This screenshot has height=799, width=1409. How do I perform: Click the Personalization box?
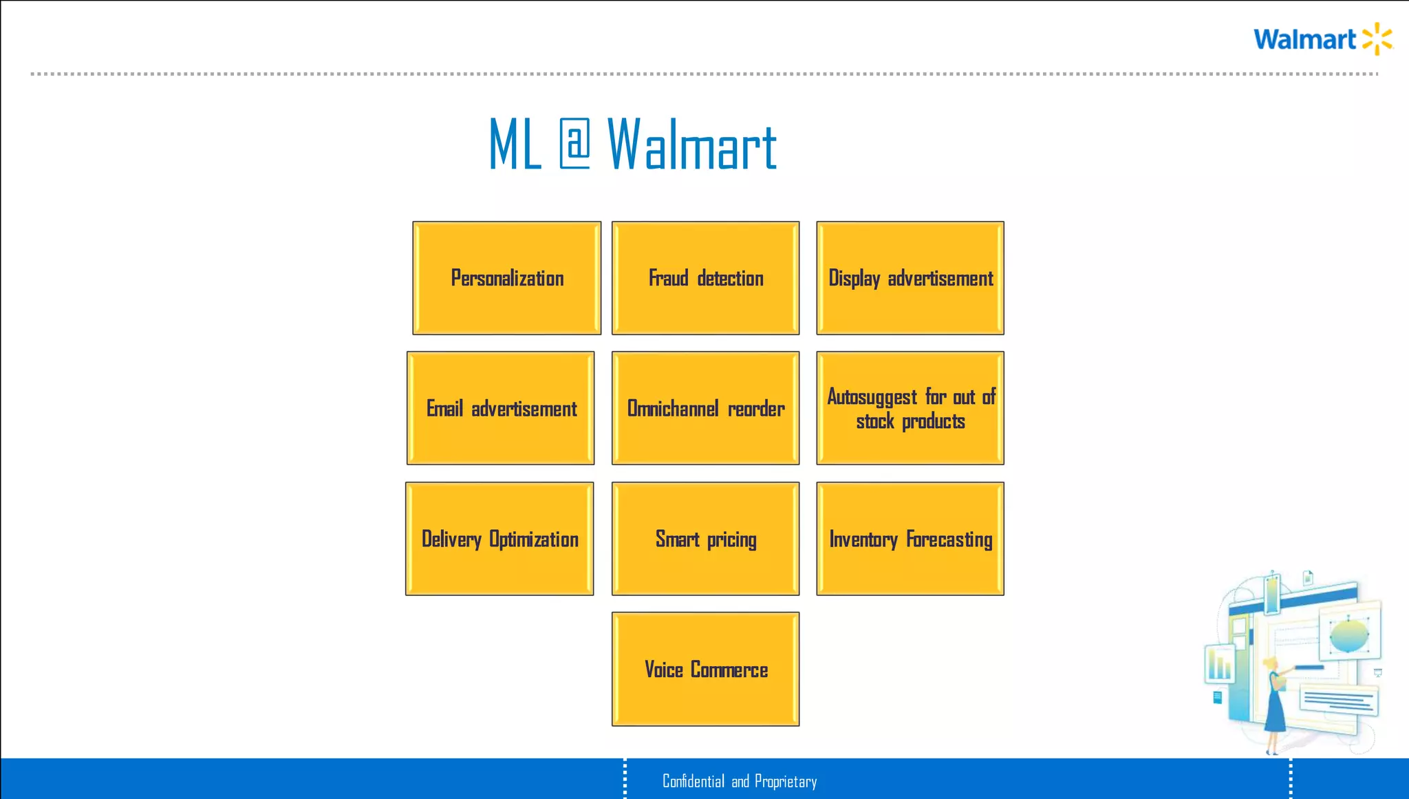pyautogui.click(x=506, y=278)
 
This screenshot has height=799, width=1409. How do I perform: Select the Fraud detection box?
pyautogui.click(x=705, y=278)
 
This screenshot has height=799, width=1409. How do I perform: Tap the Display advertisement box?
pyautogui.click(x=910, y=278)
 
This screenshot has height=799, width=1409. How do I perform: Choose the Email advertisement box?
pyautogui.click(x=500, y=408)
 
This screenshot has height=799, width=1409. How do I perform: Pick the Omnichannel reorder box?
pyautogui.click(x=705, y=408)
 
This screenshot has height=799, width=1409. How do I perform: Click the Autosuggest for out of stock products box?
pyautogui.click(x=910, y=408)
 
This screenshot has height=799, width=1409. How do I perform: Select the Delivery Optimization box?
pyautogui.click(x=499, y=539)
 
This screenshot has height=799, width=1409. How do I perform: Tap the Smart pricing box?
pyautogui.click(x=705, y=539)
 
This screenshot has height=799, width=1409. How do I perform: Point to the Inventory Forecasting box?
pyautogui.click(x=910, y=539)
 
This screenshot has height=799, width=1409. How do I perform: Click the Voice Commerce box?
pyautogui.click(x=705, y=669)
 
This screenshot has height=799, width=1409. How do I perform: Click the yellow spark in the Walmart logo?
pyautogui.click(x=1377, y=39)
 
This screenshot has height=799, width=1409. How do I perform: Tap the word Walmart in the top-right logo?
pyautogui.click(x=1304, y=40)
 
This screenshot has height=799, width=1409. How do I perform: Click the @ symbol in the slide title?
pyautogui.click(x=574, y=144)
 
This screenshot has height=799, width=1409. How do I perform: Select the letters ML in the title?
pyautogui.click(x=515, y=145)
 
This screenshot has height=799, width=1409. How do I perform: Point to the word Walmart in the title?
pyautogui.click(x=691, y=145)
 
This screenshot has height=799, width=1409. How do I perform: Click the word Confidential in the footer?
pyautogui.click(x=693, y=781)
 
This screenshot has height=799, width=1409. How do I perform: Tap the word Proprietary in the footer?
pyautogui.click(x=786, y=781)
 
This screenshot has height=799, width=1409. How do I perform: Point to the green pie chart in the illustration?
pyautogui.click(x=1348, y=635)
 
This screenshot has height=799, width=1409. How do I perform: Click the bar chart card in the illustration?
pyautogui.click(x=1220, y=665)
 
